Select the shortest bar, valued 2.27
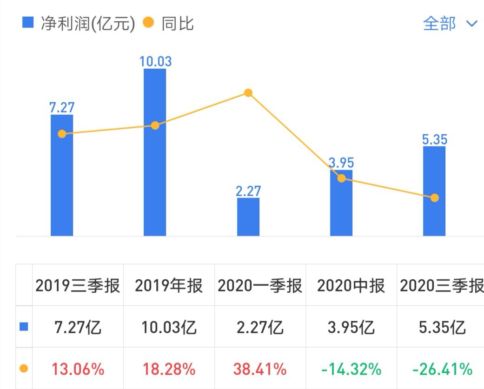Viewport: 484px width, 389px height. coord(248,217)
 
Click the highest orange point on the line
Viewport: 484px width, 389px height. coord(248,93)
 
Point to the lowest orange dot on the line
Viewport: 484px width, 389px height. coord(434,198)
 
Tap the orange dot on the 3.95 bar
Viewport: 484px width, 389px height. coord(341,178)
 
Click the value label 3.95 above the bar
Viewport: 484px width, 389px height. coord(341,163)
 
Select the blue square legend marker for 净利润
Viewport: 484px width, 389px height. coord(28,22)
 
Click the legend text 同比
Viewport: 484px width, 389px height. coord(177,23)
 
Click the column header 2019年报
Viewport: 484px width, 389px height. coord(169,286)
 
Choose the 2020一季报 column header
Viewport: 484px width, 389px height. coord(260,286)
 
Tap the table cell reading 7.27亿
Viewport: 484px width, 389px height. coord(78,328)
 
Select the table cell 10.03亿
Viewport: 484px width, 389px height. coord(169,328)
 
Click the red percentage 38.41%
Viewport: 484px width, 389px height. coord(260,369)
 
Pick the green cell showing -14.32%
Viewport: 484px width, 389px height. coord(351,369)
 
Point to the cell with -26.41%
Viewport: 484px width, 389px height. coord(442,369)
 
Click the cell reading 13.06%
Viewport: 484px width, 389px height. coord(78,369)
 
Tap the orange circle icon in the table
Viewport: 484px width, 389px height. coord(24,369)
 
